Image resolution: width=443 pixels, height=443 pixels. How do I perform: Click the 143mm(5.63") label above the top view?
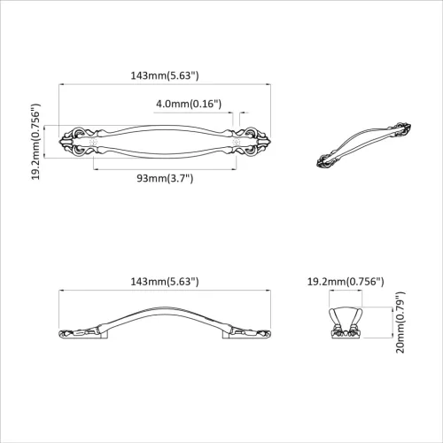point(165,76)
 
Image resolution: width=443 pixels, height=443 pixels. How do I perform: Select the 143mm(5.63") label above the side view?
point(165,281)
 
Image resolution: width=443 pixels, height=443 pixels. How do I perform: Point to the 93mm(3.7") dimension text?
point(165,178)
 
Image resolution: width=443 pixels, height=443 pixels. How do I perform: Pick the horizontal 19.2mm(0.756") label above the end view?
point(346,281)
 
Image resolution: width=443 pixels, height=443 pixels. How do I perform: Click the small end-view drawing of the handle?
point(346,320)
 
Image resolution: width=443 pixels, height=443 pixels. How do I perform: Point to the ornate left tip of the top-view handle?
point(66,141)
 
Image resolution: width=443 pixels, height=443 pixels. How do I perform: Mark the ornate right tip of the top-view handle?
point(263,141)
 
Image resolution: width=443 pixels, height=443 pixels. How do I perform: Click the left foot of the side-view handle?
point(80,332)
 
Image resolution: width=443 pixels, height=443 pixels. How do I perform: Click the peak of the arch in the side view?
point(165,306)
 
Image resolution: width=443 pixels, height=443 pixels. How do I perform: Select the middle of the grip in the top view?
point(165,141)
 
